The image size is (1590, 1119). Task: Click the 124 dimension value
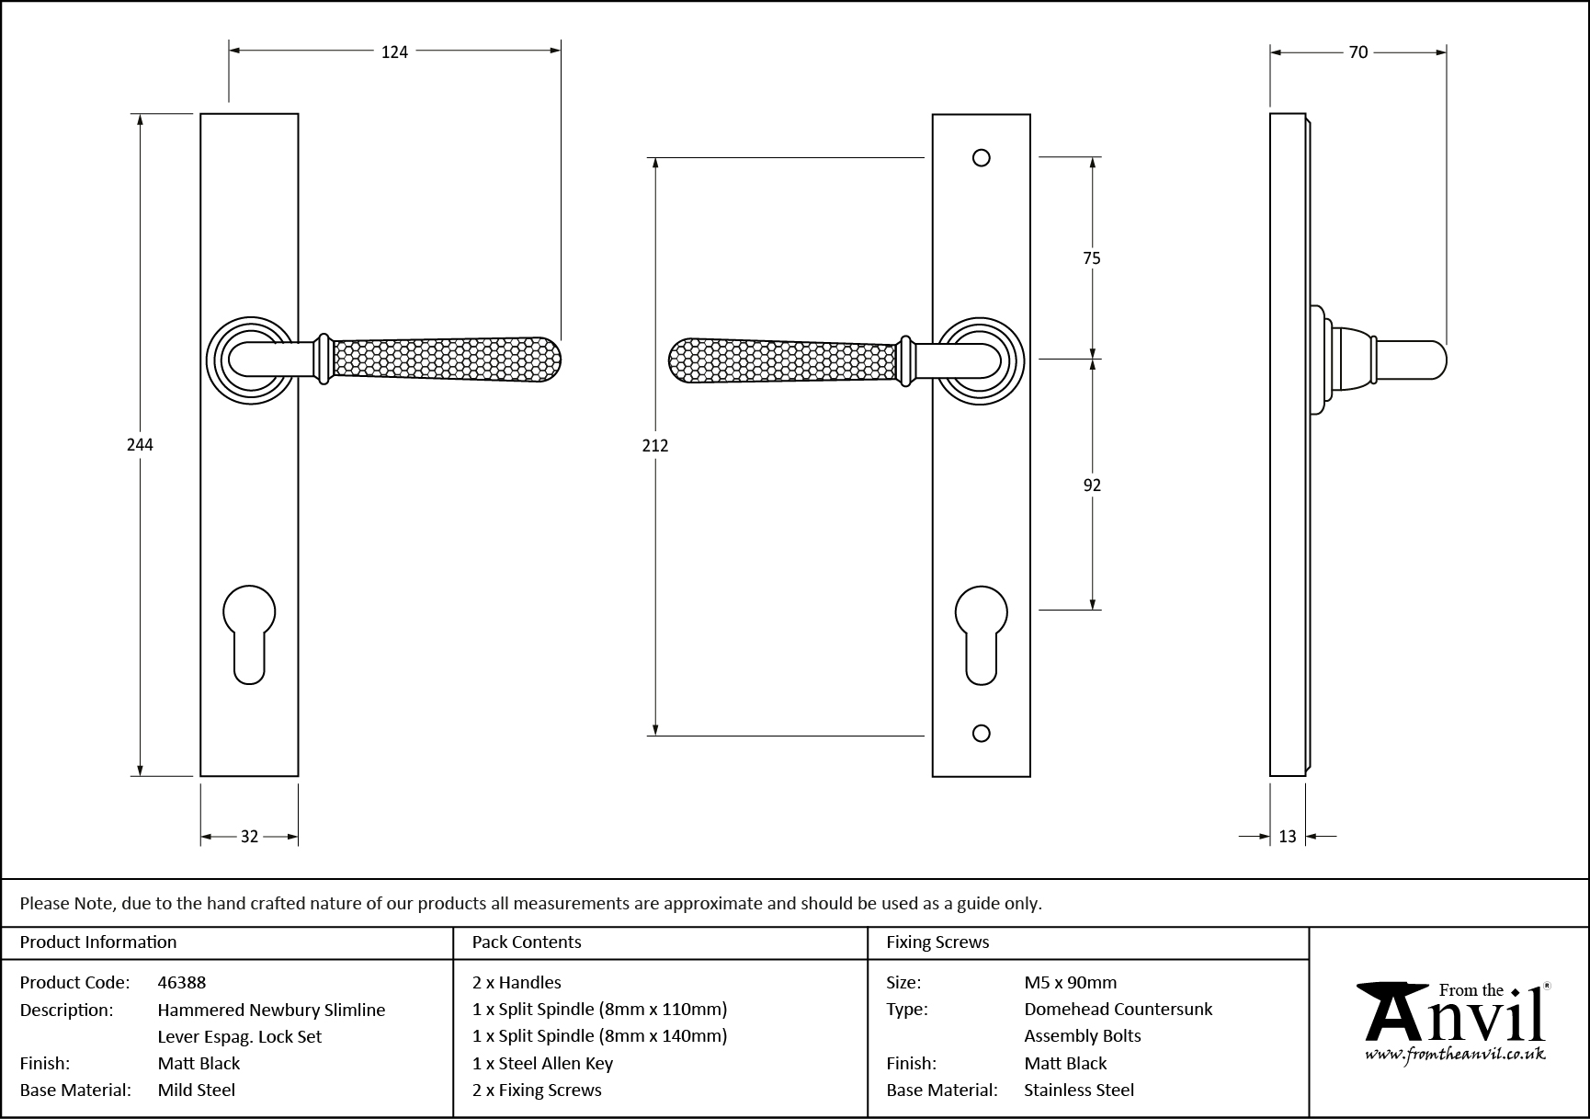coord(394,52)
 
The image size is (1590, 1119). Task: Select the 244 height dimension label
coord(140,445)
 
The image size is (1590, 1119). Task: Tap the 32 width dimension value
coord(249,837)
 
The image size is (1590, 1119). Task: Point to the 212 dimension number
coord(655,446)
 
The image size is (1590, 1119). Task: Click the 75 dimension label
coord(1091,258)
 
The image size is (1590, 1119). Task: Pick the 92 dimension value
coord(1091,485)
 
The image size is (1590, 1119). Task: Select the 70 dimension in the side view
coord(1357,52)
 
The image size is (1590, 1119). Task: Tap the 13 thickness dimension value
coord(1287,837)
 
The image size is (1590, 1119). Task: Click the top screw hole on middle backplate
coord(981,158)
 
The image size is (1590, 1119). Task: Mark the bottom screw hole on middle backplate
coord(981,733)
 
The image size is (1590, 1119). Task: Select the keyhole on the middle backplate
coord(981,633)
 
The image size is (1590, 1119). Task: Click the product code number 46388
coord(182,982)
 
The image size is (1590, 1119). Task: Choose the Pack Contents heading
coord(527,942)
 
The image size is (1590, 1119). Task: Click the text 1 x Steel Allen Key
coord(542,1064)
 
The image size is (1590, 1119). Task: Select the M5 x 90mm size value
coord(1071,982)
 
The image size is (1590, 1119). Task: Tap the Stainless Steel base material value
coord(1079,1090)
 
